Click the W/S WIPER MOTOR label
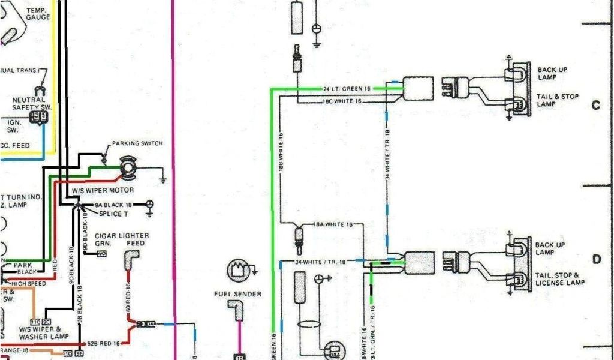tap(104, 190)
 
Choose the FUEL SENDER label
tap(238, 294)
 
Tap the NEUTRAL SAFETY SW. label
tap(32, 103)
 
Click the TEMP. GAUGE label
tap(38, 14)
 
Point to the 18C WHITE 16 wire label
tap(342, 101)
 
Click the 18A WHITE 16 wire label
tap(329, 224)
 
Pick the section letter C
tap(596, 106)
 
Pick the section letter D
tap(597, 259)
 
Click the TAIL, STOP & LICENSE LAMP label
tap(559, 278)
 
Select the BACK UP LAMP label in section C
tap(552, 73)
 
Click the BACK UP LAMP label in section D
tap(552, 248)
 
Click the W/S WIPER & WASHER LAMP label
tap(40, 333)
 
